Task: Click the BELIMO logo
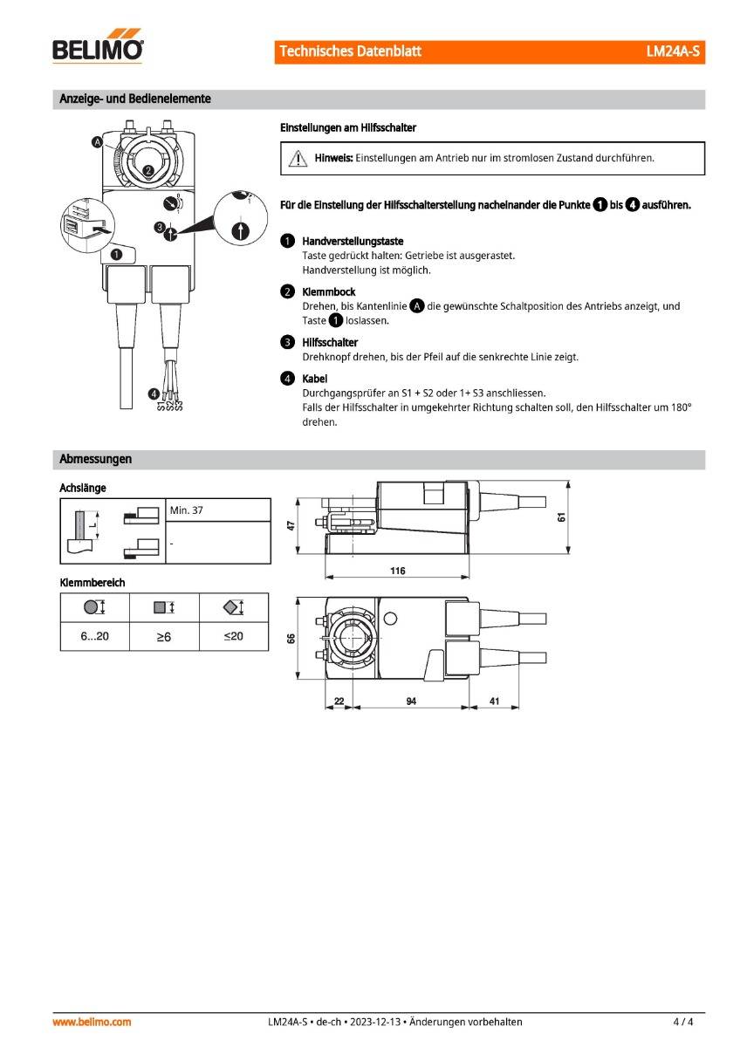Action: coord(98,49)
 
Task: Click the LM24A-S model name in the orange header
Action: coord(673,51)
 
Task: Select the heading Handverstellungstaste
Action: coord(353,241)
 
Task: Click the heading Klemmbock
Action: coord(328,291)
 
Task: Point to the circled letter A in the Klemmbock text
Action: coord(417,306)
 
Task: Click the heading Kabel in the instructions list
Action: coord(314,379)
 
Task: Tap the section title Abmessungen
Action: coord(95,459)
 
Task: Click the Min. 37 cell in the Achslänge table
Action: coord(187,510)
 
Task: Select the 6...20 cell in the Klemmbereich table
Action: coord(94,637)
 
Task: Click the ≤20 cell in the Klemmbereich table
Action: coord(233,637)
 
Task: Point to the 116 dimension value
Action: coord(398,571)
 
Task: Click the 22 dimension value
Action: coord(339,701)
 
